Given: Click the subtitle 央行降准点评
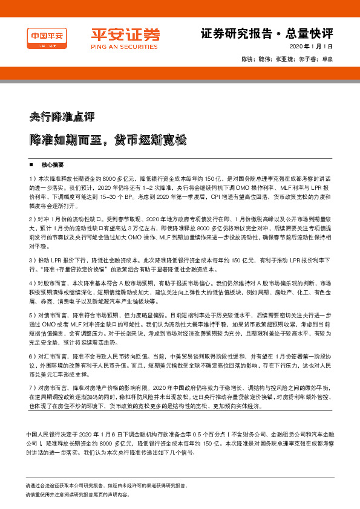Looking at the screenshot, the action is (x=62, y=115).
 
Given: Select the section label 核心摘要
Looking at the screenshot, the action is (x=53, y=164).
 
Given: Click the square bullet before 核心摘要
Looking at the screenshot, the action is (x=31, y=164).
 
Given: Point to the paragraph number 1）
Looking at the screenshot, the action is (x=31, y=180).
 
